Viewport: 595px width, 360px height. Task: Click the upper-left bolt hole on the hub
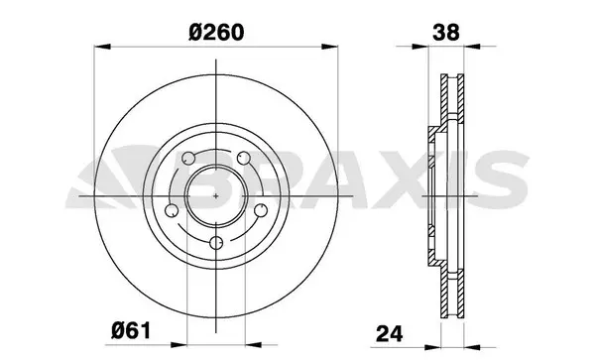[x=188, y=158]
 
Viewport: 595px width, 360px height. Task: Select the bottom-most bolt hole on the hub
[x=216, y=243]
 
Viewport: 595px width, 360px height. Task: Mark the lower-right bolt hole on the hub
[x=260, y=210]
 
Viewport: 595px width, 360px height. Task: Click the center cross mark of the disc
[x=216, y=193]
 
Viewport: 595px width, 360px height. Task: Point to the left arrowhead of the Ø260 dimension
[x=99, y=46]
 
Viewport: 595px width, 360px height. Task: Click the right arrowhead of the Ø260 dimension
[x=332, y=46]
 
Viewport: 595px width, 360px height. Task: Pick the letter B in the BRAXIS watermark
[x=238, y=180]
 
